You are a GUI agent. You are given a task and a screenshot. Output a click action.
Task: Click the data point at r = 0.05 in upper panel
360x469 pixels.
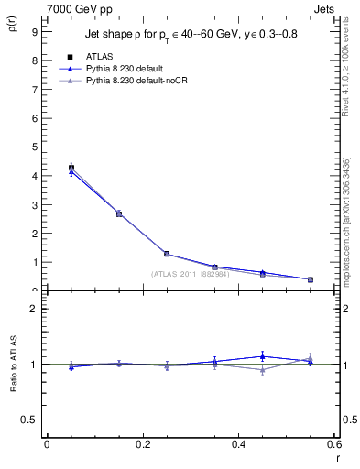pyautogui.click(x=71, y=169)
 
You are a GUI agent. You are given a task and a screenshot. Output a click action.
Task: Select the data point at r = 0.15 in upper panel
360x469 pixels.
pyautogui.click(x=119, y=213)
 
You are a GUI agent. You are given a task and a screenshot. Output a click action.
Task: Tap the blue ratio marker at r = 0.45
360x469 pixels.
pyautogui.click(x=263, y=356)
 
